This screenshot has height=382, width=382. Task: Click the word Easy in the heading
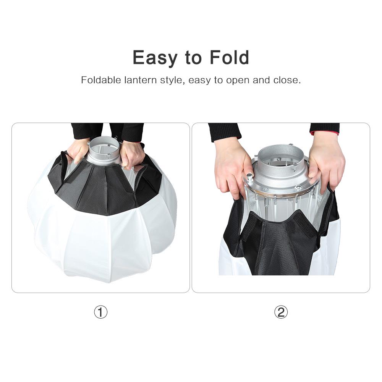[x=155, y=58]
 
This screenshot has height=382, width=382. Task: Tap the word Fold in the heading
[x=229, y=58]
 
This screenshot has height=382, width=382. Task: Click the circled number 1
[x=101, y=312]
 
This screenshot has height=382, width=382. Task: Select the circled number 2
[x=281, y=312]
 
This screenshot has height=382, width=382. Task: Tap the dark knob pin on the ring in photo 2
[x=250, y=176]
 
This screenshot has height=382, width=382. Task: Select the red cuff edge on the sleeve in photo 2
[x=325, y=133]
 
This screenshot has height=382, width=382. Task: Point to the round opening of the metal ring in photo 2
[x=281, y=164]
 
